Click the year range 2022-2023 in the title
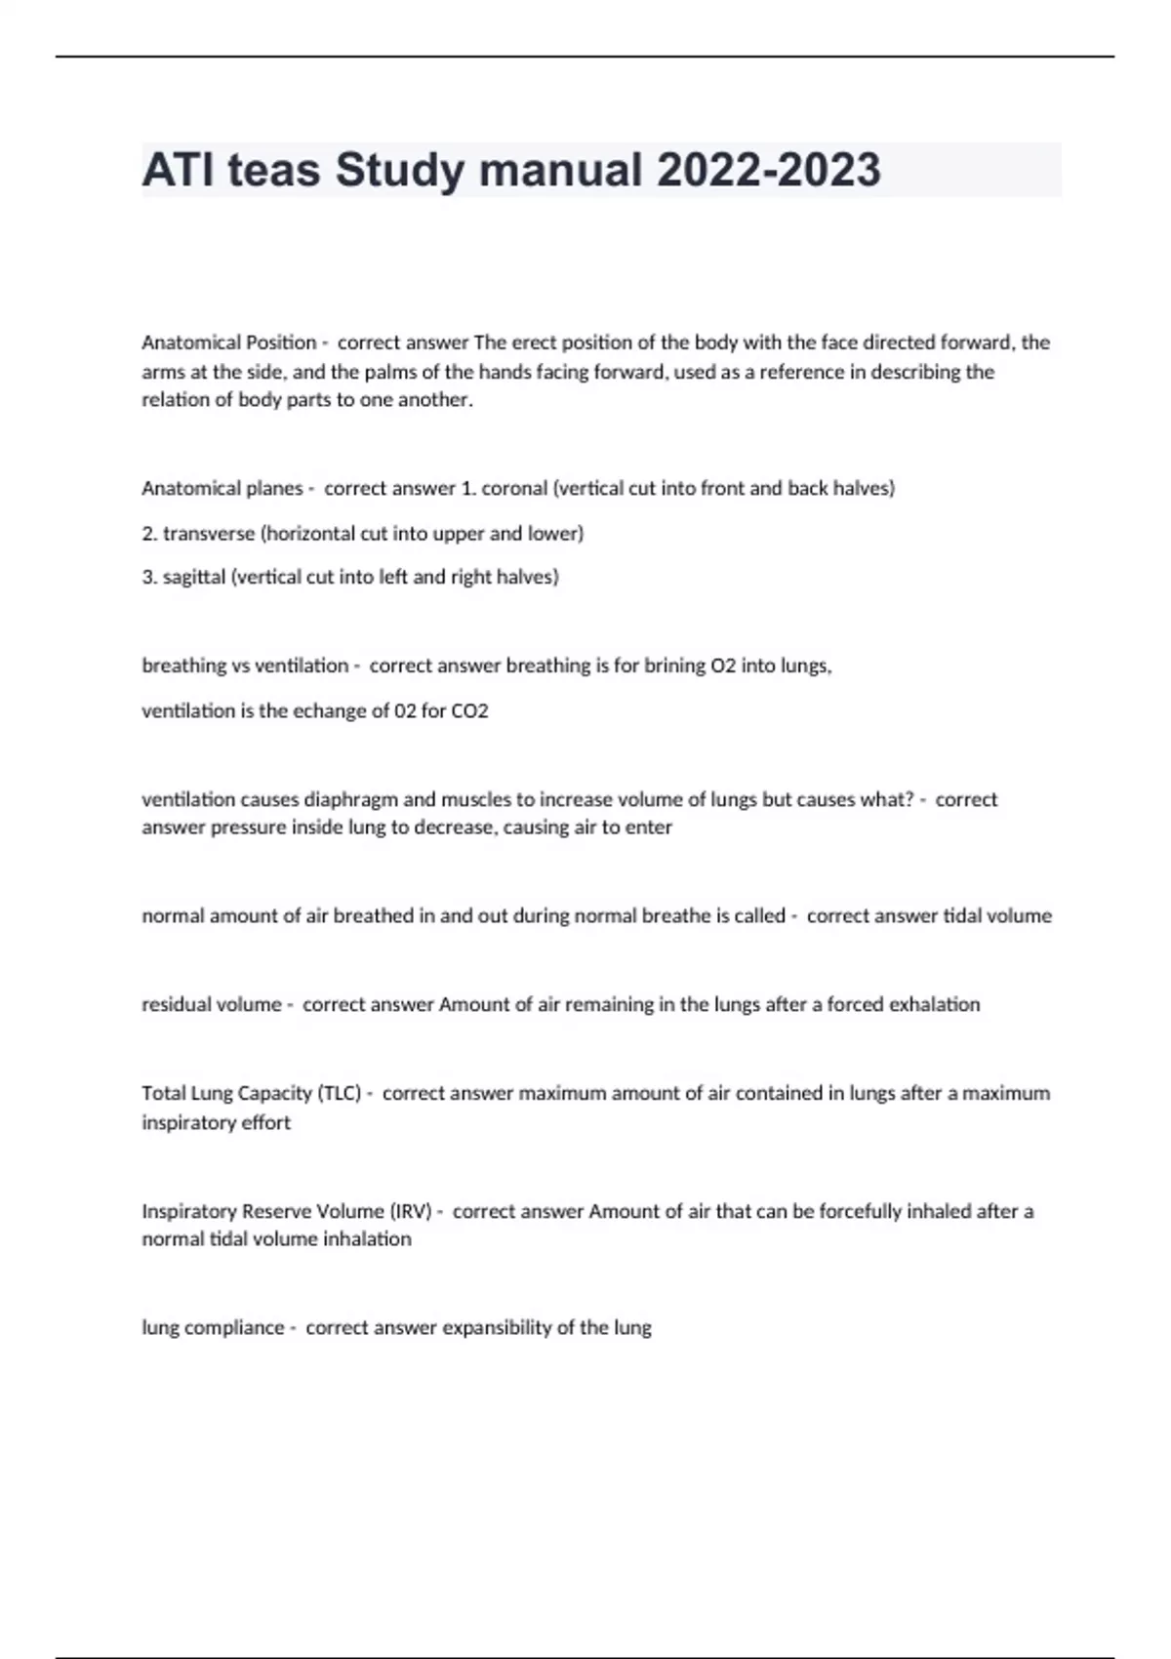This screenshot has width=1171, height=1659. tap(768, 170)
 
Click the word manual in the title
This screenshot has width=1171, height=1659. tap(561, 170)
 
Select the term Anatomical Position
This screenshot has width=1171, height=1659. tap(229, 343)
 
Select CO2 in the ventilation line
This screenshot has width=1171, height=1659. tap(469, 710)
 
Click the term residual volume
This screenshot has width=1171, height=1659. tap(212, 1004)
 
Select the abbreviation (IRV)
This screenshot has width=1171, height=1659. tap(410, 1211)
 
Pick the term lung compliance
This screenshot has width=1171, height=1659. tap(213, 1327)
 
